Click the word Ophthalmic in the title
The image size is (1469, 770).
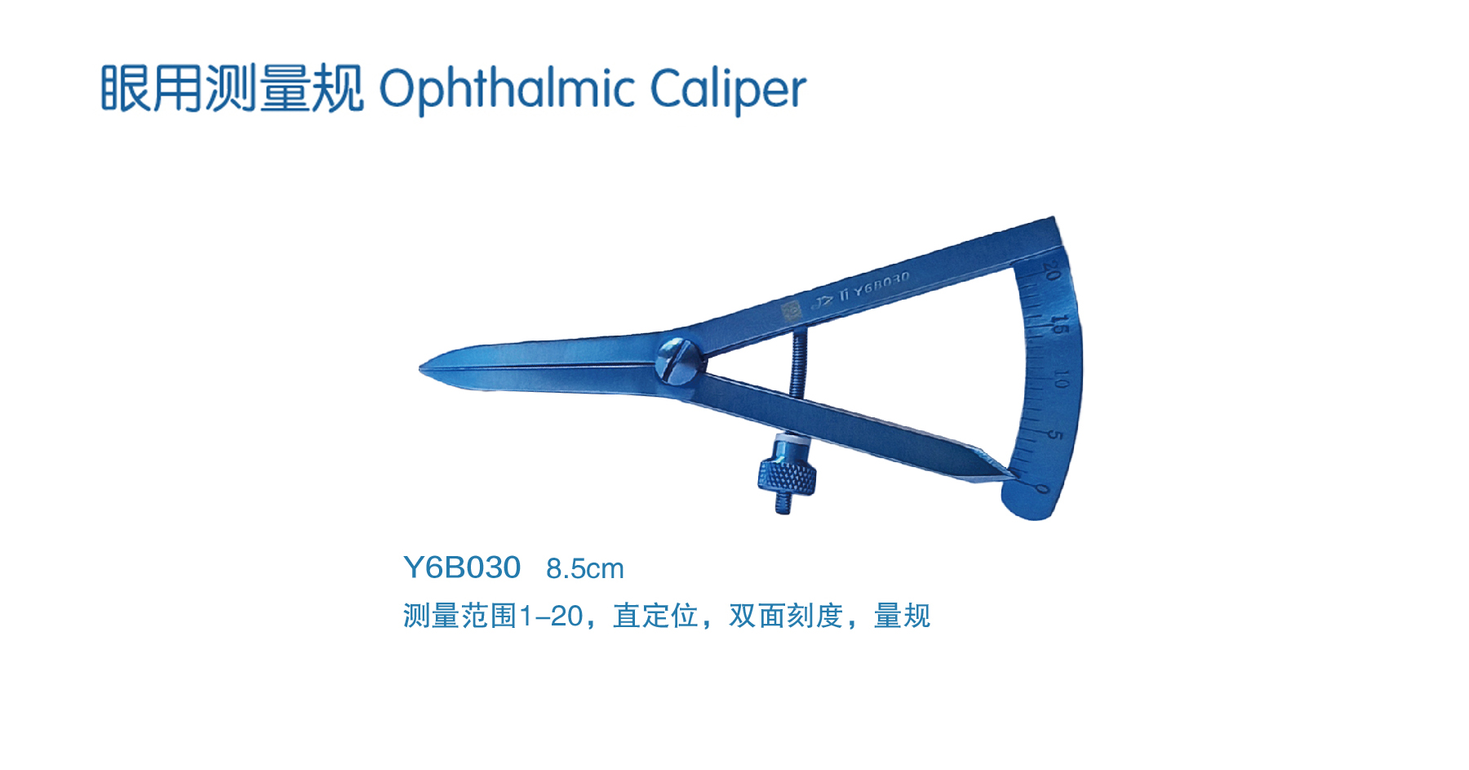click(507, 89)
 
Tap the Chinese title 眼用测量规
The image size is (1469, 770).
click(232, 88)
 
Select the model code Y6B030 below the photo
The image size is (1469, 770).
click(462, 567)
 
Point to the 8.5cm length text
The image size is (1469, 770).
click(584, 568)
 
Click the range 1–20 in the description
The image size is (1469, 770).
click(551, 616)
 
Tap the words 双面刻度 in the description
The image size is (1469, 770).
click(786, 616)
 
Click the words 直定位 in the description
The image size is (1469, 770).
click(655, 616)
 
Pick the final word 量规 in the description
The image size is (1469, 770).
click(902, 616)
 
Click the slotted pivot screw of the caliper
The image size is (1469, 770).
click(680, 360)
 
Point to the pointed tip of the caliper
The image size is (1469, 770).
click(421, 368)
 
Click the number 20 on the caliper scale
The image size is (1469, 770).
click(1052, 271)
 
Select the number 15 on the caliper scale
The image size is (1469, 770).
click(1058, 324)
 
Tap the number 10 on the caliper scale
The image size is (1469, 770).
click(1060, 379)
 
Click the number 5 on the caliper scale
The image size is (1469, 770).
click(1054, 434)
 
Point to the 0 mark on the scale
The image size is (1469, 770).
click(1042, 489)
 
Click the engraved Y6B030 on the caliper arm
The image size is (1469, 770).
click(882, 283)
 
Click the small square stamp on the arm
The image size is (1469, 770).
click(791, 310)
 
